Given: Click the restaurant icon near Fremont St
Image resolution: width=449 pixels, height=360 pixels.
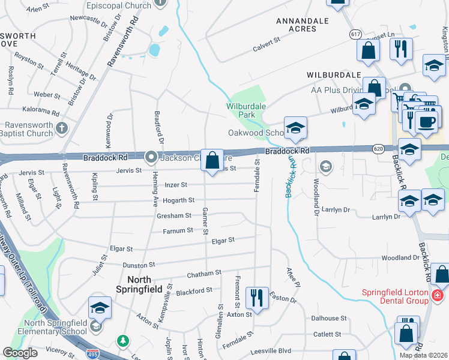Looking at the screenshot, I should tap(257, 297).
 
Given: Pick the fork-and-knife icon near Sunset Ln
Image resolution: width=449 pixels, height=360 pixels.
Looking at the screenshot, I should tap(401, 49).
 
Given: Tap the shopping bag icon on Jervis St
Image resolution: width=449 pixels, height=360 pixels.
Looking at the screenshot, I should tap(212, 160).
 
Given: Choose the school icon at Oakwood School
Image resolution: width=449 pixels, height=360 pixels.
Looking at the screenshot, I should tap(295, 128).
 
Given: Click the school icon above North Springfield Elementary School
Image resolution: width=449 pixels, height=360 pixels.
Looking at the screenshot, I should tap(100, 308).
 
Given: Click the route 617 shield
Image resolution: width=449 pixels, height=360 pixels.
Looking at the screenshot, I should tap(356, 35).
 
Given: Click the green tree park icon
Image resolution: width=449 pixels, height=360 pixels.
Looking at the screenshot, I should tap(124, 341).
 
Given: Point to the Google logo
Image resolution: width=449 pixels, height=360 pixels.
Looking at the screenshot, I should tap(20, 352).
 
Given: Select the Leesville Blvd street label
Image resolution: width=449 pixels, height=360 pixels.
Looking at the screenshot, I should tap(291, 350).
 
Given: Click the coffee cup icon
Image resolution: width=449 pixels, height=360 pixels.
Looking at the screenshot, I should tap(427, 122).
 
